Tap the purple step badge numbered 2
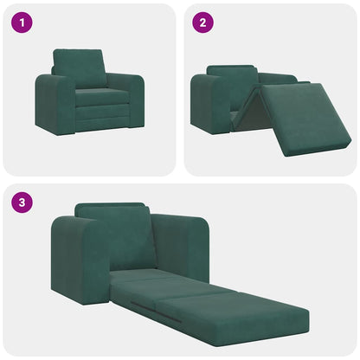[202, 22]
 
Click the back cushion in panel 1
[80, 67]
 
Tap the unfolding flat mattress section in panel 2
[305, 118]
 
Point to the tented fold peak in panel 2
[253, 90]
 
